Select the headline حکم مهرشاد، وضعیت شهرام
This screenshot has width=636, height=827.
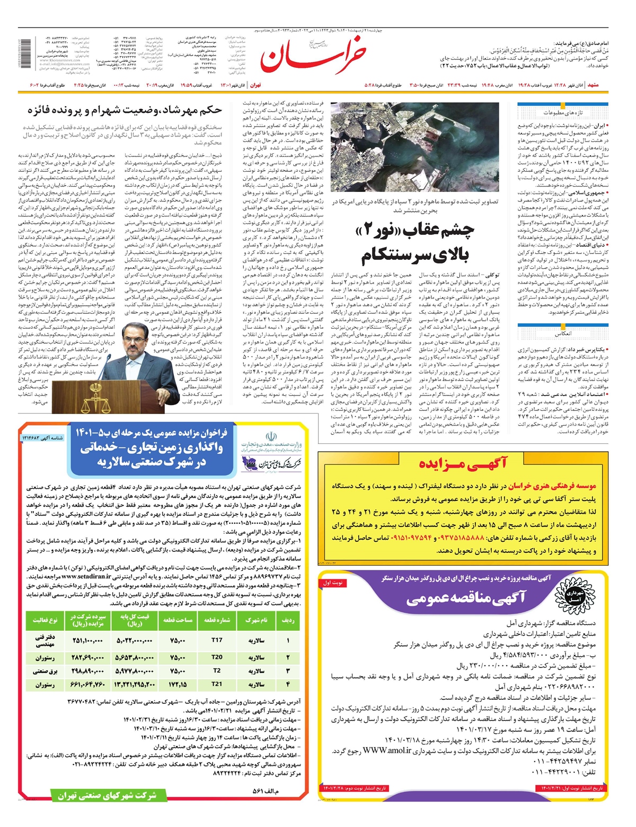coord(125,111)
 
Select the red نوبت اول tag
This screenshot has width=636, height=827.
coord(333,583)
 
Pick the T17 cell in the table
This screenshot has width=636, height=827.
coord(217,640)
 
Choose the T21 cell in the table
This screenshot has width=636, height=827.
coord(217,684)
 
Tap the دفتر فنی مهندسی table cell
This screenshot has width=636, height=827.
coord(45,640)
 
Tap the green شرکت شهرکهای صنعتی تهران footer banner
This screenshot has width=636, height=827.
coord(103,795)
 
